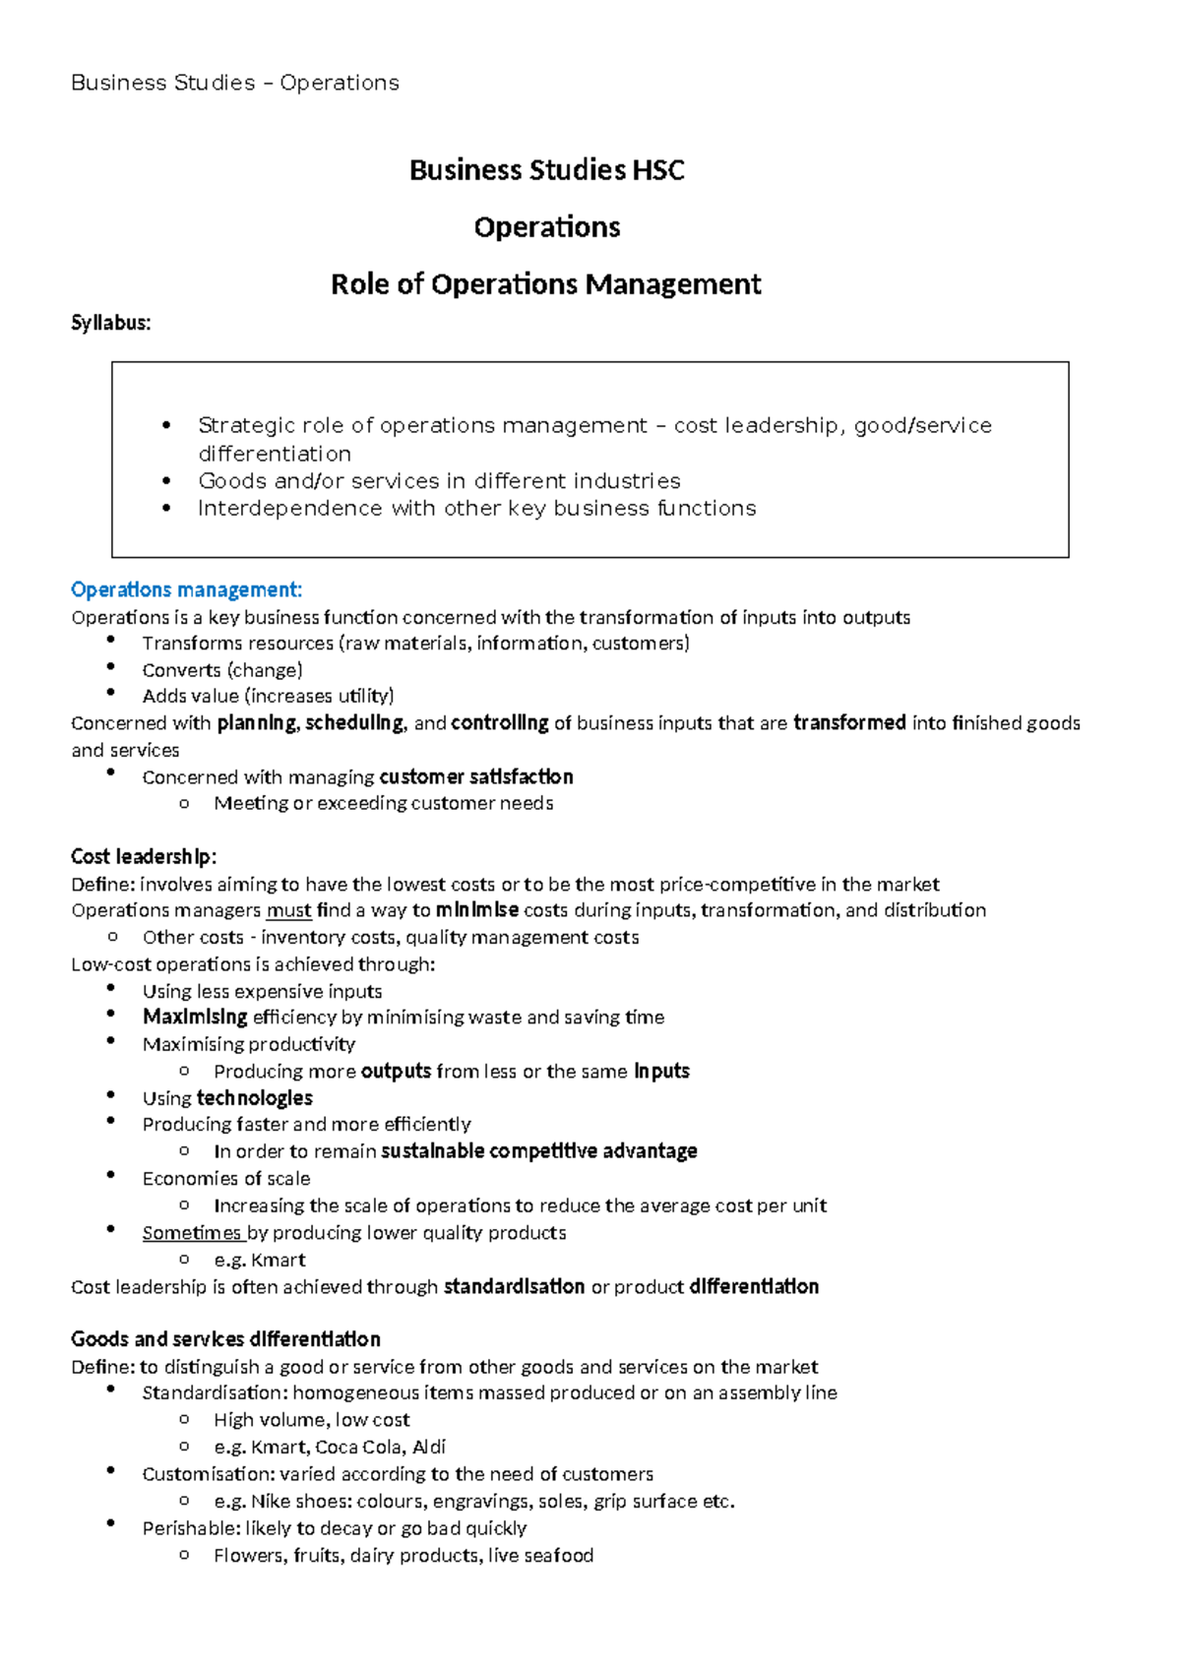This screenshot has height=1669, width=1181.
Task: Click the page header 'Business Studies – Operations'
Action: [x=234, y=83]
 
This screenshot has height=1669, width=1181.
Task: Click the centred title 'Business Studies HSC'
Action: [x=546, y=170]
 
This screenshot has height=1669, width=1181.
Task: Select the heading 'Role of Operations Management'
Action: [x=545, y=284]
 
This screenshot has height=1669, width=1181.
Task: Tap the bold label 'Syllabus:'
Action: [x=110, y=323]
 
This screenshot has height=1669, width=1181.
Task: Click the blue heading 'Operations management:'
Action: [x=186, y=589]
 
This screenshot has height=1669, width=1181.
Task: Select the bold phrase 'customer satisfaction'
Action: [x=475, y=776]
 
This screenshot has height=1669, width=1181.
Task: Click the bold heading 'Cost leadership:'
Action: [x=144, y=856]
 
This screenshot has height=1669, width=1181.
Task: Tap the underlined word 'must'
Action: [x=288, y=910]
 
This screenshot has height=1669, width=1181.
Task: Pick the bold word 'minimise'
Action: [x=476, y=910]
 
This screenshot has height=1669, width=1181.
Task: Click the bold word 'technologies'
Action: [x=254, y=1098]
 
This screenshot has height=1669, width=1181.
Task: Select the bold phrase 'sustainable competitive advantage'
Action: [x=538, y=1151]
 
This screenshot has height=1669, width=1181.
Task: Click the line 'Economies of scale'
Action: [x=225, y=1179]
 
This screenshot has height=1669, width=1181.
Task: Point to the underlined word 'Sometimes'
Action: [x=192, y=1233]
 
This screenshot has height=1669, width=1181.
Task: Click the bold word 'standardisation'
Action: [x=514, y=1287]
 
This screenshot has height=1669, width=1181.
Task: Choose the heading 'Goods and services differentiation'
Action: [x=225, y=1339]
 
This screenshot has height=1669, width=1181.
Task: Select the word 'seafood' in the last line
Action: [x=558, y=1556]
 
